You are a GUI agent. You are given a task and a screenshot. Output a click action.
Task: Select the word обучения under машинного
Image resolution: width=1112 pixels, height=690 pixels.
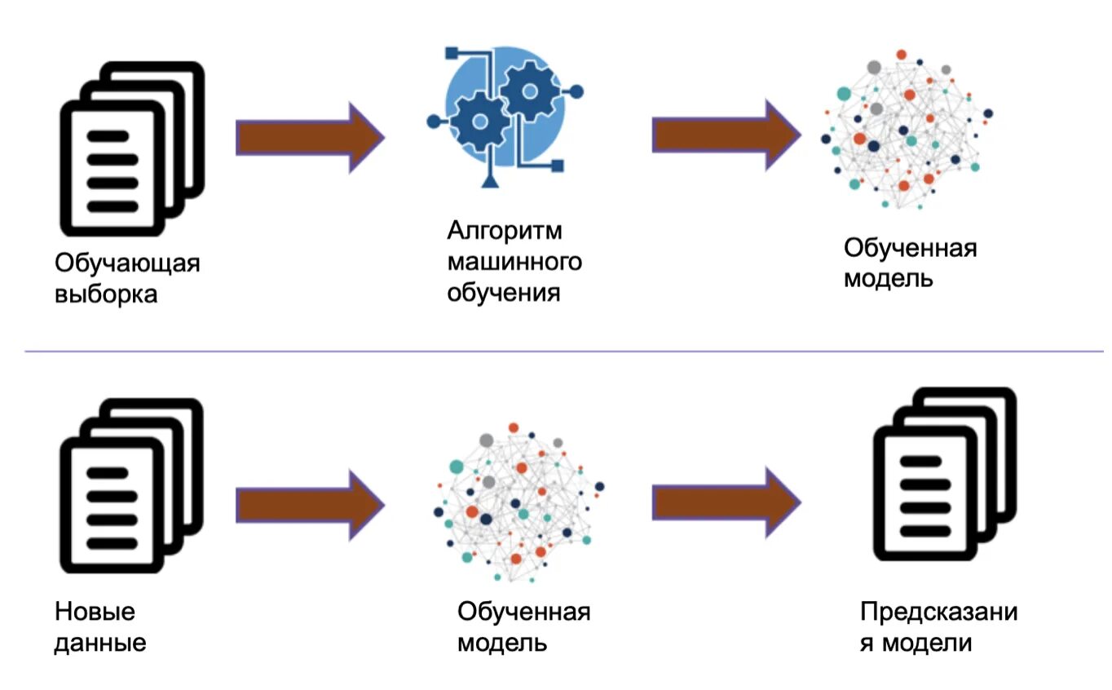(x=503, y=292)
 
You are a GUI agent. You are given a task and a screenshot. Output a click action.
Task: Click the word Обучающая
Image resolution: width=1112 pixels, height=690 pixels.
(x=127, y=263)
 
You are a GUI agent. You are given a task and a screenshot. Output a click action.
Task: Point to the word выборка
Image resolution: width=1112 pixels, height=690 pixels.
(x=106, y=293)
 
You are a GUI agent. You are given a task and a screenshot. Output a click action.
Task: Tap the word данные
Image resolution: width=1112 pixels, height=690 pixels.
(x=100, y=642)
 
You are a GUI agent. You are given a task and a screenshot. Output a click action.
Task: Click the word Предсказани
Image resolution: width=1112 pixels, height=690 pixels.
(x=939, y=612)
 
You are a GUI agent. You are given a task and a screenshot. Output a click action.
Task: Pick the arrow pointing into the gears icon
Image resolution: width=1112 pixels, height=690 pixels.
(x=309, y=137)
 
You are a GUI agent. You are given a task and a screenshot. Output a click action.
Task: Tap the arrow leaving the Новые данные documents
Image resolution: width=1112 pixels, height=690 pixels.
(x=309, y=505)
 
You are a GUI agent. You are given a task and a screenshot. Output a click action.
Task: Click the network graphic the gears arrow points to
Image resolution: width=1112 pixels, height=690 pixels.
(x=905, y=130)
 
